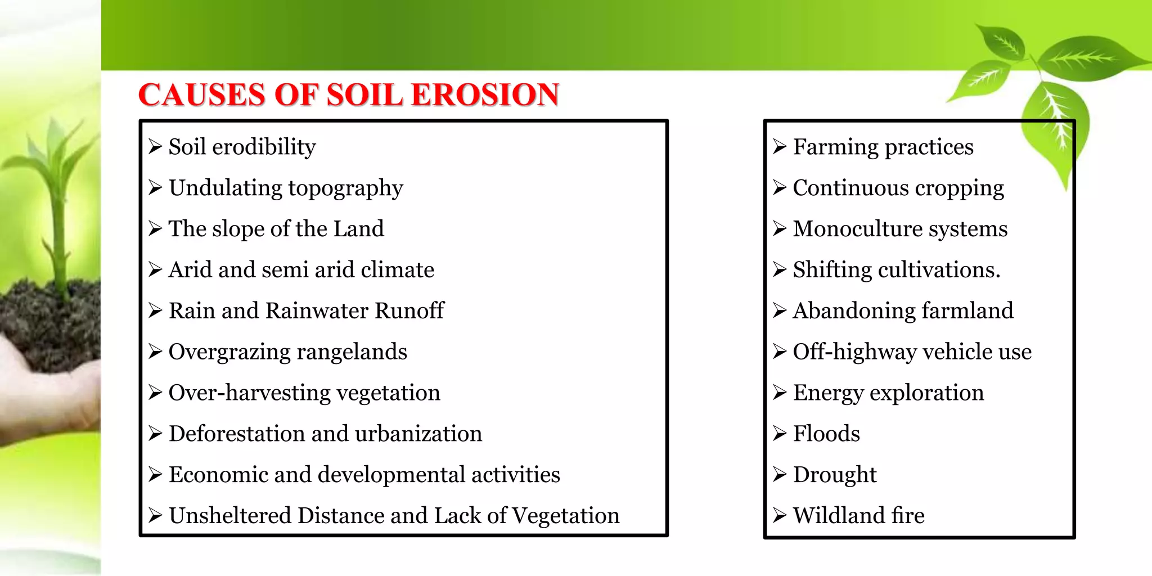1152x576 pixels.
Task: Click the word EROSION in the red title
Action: coord(485,94)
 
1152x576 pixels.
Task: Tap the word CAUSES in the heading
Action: coord(201,94)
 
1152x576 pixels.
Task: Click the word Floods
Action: coord(826,434)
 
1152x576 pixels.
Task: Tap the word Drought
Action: coord(835,475)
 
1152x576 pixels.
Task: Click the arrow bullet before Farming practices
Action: coord(779,147)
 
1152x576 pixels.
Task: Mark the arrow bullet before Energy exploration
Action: coord(779,393)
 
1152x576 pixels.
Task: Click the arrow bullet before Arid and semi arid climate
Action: coord(155,270)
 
